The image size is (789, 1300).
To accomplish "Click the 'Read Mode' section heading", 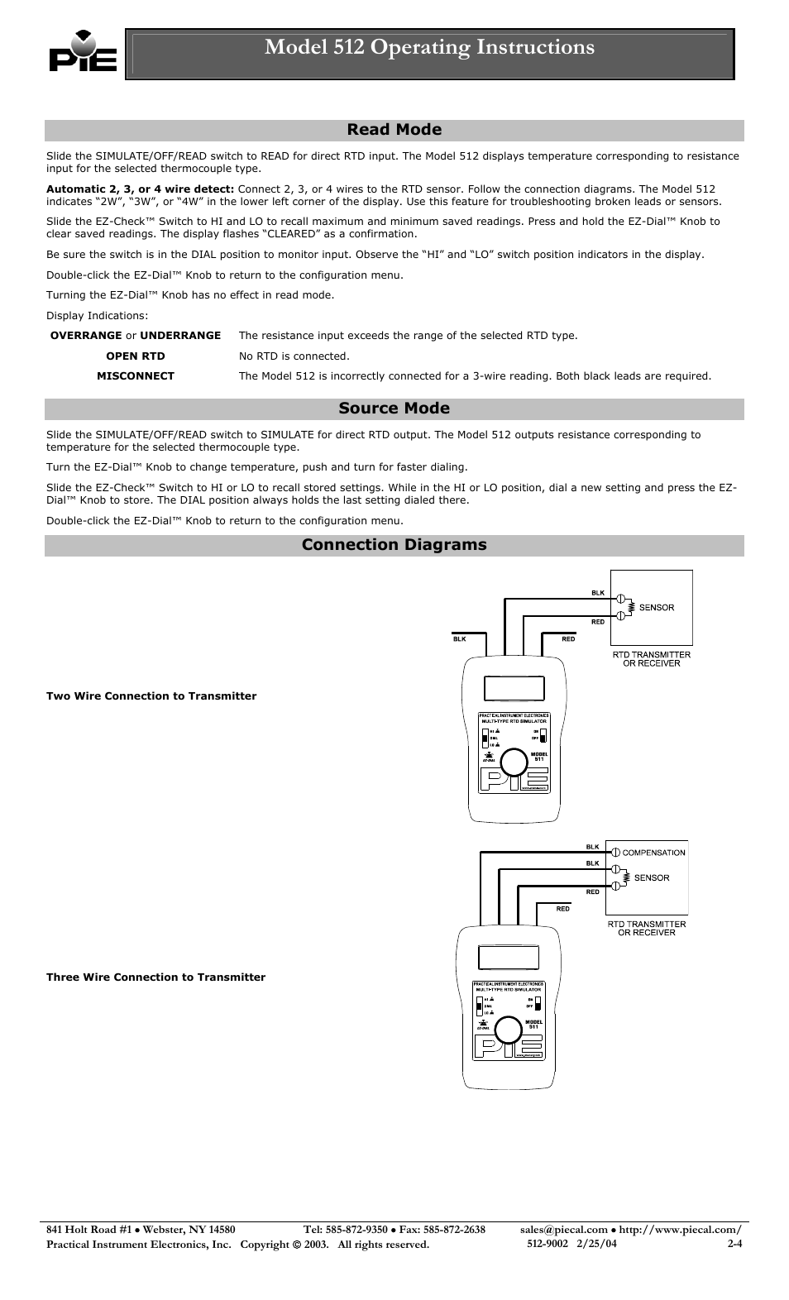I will pyautogui.click(x=394, y=130).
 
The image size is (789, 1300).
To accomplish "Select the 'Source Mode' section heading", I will pyautogui.click(x=394, y=409).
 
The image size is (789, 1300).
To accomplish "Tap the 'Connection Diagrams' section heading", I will pyautogui.click(x=394, y=545).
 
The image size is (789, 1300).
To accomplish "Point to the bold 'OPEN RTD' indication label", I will pyautogui.click(x=136, y=356).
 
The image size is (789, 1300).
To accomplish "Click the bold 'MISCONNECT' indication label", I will pyautogui.click(x=136, y=376).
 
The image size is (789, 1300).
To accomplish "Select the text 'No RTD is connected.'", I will pyautogui.click(x=294, y=356).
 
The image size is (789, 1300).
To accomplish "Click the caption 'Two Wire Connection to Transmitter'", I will pyautogui.click(x=151, y=696).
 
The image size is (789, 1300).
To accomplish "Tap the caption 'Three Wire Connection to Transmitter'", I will pyautogui.click(x=155, y=977).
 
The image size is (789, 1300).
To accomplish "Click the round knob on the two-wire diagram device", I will pyautogui.click(x=514, y=761).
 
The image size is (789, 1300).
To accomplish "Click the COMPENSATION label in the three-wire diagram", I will pyautogui.click(x=653, y=853).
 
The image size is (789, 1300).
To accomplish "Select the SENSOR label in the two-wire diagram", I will pyautogui.click(x=657, y=608).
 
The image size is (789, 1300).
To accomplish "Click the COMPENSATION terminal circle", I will pyautogui.click(x=615, y=853).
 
